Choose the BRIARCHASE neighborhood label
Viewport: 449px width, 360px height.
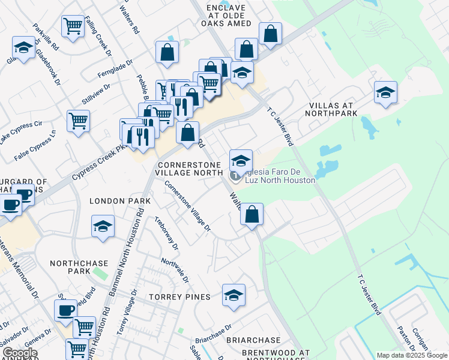(253, 340)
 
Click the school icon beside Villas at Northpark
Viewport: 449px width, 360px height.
(385, 92)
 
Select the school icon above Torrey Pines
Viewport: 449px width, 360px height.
(234, 295)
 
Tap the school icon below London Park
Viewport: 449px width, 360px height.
(103, 227)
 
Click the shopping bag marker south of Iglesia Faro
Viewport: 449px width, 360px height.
(252, 214)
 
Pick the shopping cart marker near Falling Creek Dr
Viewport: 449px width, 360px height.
(73, 26)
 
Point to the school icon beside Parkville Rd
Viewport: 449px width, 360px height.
(24, 47)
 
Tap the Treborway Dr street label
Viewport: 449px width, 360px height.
(166, 233)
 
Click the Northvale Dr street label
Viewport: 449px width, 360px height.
(175, 271)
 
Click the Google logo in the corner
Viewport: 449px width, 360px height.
(19, 353)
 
